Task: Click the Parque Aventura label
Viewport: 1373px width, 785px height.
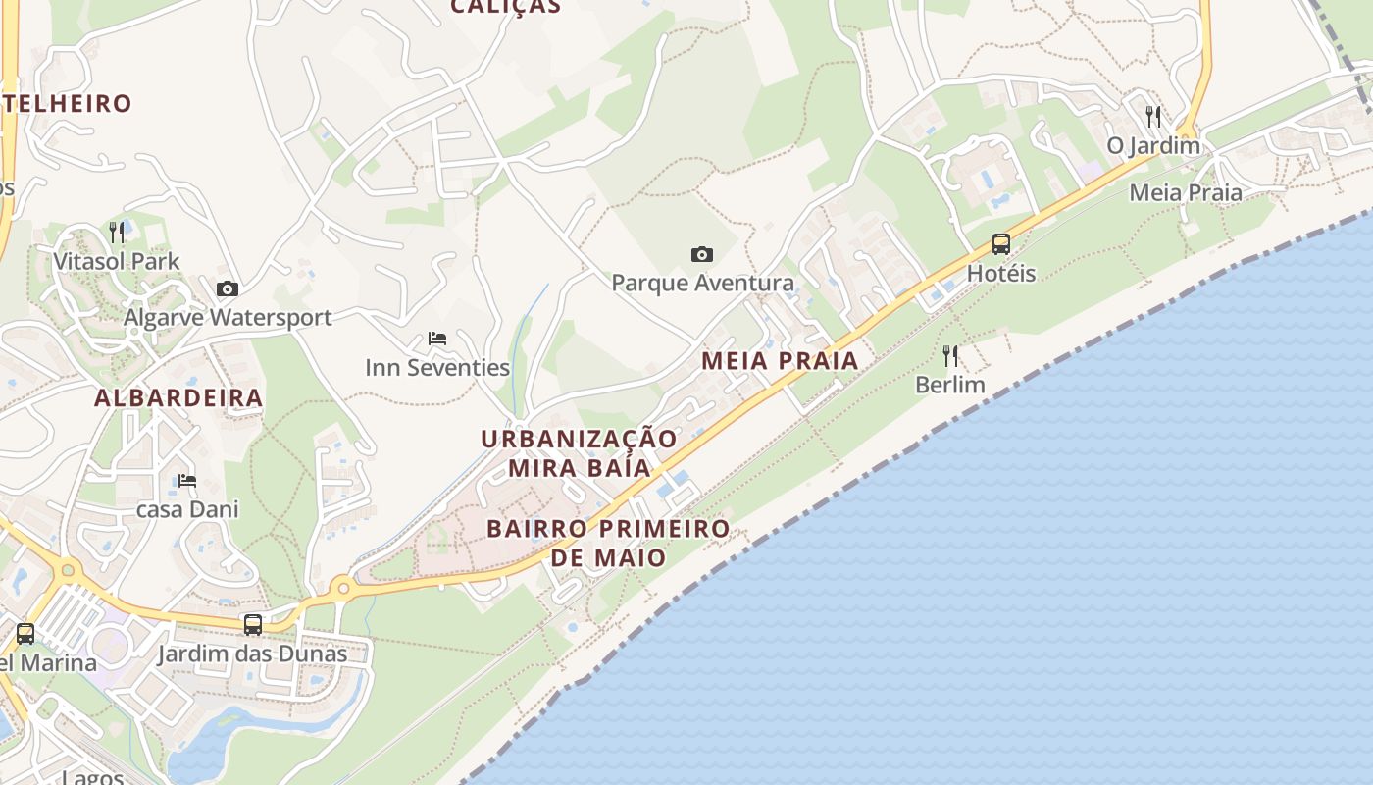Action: point(702,284)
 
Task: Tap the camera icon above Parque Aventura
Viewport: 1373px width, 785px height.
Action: point(702,255)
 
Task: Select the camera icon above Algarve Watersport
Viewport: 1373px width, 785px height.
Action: point(227,288)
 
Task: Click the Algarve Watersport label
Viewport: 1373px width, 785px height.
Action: point(228,318)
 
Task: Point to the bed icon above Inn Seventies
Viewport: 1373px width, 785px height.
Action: point(437,339)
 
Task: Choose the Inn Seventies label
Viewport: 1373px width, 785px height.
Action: point(437,368)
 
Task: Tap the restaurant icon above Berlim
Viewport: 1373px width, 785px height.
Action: point(949,355)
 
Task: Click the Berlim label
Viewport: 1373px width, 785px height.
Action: point(949,385)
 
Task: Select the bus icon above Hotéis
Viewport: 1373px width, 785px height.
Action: point(1000,244)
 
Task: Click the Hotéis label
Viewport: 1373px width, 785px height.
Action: point(1000,274)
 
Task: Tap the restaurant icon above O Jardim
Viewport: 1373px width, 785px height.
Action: point(1153,117)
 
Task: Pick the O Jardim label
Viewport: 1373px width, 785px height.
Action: point(1153,146)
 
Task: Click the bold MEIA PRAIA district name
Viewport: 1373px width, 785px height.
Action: point(780,361)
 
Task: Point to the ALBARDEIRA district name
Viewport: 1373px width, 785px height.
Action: point(178,398)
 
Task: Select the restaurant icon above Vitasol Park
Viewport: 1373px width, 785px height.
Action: point(117,233)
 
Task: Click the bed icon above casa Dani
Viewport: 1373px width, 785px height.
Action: point(187,481)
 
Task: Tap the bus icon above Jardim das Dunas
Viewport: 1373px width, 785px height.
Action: point(253,624)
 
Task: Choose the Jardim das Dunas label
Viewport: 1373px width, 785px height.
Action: point(253,654)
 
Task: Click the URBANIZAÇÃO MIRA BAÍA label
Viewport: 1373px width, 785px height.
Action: point(579,453)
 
